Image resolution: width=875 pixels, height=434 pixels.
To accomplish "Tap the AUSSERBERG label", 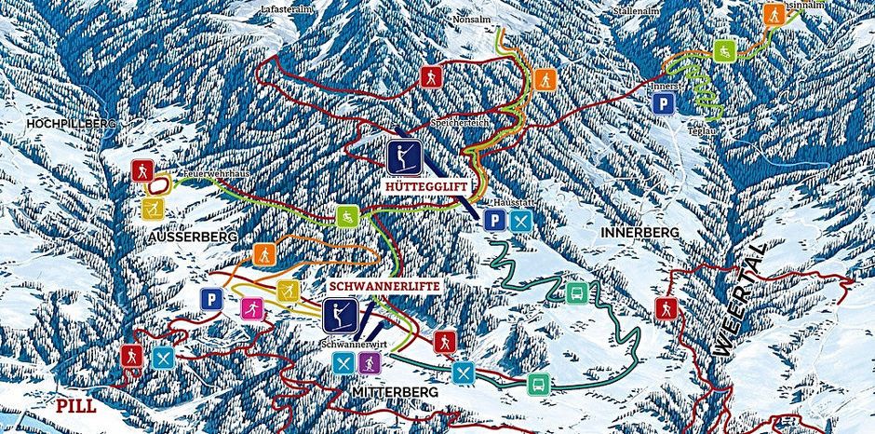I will pos(193,237).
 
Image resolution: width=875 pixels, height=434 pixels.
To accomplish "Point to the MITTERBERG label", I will pos(396,393).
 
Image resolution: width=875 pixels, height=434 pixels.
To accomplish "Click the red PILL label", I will pos(75,406).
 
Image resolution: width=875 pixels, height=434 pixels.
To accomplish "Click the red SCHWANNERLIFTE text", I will pos(384,286).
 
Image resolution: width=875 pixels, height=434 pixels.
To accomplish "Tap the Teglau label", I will pos(703,132).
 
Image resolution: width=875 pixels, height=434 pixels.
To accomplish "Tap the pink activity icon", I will pos(249,307).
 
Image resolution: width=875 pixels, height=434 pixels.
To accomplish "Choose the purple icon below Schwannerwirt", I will pos(369,361).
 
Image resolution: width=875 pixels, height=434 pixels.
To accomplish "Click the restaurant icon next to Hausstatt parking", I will pos(521,221).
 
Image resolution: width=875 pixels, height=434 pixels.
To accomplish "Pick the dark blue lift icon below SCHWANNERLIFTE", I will pos(343,315).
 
